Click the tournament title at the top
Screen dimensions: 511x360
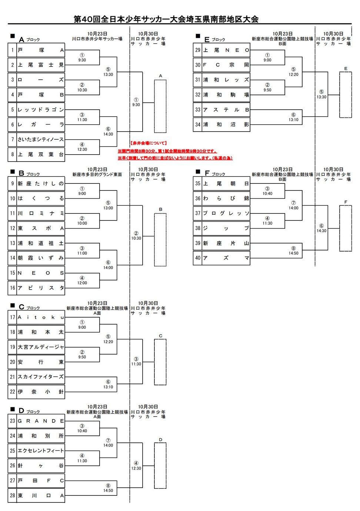[x=166, y=19]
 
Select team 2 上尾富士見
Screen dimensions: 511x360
[x=41, y=65]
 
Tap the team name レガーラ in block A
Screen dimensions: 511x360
[x=41, y=125]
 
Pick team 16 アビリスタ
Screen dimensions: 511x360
[x=41, y=288]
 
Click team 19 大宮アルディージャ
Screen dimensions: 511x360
[x=41, y=347]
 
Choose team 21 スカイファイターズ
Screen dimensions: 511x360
[x=41, y=377]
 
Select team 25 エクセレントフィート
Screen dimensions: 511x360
[x=41, y=451]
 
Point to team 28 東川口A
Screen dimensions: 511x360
[x=41, y=495]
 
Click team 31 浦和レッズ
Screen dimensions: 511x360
[x=226, y=80]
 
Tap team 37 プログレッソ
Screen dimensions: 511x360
[x=226, y=213]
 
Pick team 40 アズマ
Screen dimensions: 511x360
[x=226, y=258]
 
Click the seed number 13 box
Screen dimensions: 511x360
[x=13, y=243]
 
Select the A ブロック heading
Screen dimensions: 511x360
[x=29, y=39]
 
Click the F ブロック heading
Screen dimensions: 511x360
[x=215, y=173]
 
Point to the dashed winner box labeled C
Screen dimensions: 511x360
[x=160, y=362]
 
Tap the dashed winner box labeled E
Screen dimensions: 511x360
[x=346, y=95]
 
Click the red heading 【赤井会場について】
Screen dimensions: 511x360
[x=149, y=143]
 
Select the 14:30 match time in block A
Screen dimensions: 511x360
[x=108, y=134]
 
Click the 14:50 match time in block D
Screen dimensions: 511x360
[x=108, y=491]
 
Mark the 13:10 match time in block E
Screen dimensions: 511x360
[x=293, y=120]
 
